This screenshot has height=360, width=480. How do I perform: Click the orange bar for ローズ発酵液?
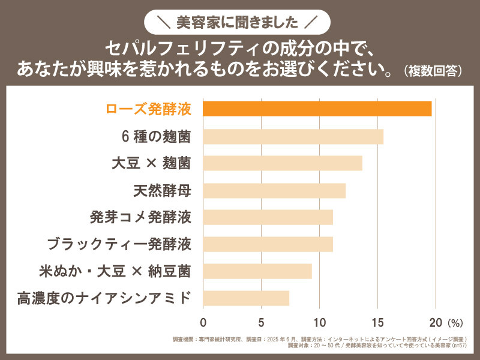point(317,109)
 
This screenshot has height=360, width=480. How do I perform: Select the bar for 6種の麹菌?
point(293,136)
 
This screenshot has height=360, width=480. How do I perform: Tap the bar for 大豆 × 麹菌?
point(283,163)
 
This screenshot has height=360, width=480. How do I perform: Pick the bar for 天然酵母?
point(274,190)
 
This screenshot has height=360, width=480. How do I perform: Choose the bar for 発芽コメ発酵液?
point(268,217)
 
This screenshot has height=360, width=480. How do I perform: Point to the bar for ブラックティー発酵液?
point(268,244)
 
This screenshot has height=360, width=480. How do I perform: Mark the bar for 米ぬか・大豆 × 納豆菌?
point(257,271)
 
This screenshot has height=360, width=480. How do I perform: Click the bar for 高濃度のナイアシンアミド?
point(246,298)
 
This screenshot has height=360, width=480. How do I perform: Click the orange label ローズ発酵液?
point(148,109)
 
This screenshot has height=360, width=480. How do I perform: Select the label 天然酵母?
point(162,191)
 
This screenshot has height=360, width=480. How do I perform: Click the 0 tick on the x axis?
point(203,320)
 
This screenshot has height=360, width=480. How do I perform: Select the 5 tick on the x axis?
point(262,320)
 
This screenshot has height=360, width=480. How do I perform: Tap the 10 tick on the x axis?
point(319,320)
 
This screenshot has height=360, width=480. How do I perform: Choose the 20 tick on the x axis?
point(435,320)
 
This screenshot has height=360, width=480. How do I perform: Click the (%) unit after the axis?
point(454,321)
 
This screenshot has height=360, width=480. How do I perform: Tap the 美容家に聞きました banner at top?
point(240,23)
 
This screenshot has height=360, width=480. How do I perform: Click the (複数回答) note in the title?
point(433,70)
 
